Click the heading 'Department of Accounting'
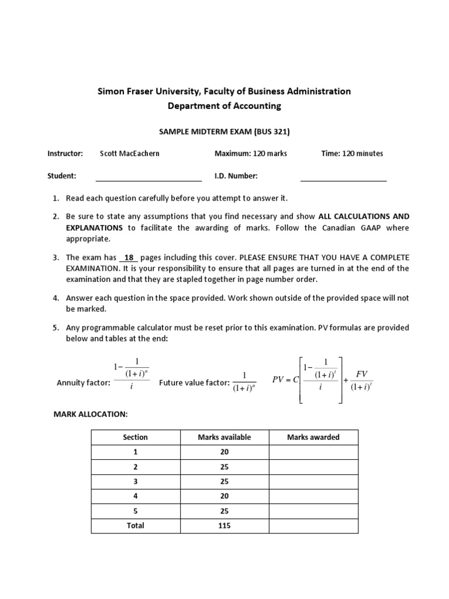(224, 106)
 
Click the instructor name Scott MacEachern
(129, 154)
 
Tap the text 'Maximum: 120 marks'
(251, 154)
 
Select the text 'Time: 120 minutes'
(352, 154)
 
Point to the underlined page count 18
(129, 258)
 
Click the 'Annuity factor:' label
(83, 383)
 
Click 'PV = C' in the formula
(286, 379)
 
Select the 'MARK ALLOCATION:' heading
(90, 414)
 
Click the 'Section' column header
(135, 437)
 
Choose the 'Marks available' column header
(224, 437)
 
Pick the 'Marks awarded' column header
(313, 437)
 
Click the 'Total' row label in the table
(135, 525)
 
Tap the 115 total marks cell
(224, 525)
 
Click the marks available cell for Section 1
(224, 452)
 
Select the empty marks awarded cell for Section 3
(313, 481)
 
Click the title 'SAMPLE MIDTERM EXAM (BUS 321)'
(224, 132)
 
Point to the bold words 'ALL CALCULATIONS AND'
(364, 216)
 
